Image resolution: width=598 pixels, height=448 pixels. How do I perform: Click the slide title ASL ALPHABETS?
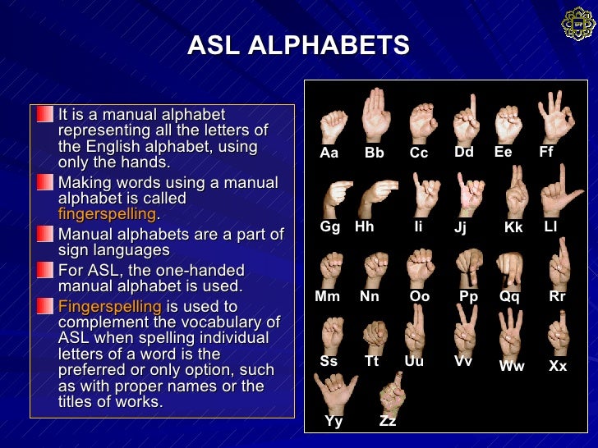coord(298,45)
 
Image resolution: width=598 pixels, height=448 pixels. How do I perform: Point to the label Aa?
coord(329,153)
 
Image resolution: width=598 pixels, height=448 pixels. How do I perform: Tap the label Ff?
coord(546,152)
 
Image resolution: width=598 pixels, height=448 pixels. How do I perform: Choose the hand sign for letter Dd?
coord(466,119)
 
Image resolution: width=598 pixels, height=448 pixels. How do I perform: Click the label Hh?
coord(364,226)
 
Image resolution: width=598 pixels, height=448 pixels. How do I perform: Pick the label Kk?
coord(513,228)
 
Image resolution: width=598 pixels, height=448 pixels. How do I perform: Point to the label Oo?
coord(419,296)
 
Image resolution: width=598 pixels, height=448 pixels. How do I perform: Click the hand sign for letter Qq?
coord(510,270)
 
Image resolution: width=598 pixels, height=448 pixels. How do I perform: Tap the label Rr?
coord(557,296)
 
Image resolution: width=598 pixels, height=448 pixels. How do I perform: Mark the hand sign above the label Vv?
coord(465,328)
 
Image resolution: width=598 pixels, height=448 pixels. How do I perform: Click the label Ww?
coord(512,367)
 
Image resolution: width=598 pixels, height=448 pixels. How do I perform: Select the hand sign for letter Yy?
coord(335,392)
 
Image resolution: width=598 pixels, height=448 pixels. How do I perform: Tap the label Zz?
coord(388,421)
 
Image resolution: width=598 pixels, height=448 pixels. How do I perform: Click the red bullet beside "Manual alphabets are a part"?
coord(44,235)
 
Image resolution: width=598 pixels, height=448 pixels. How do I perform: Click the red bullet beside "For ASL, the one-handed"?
coord(44,271)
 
